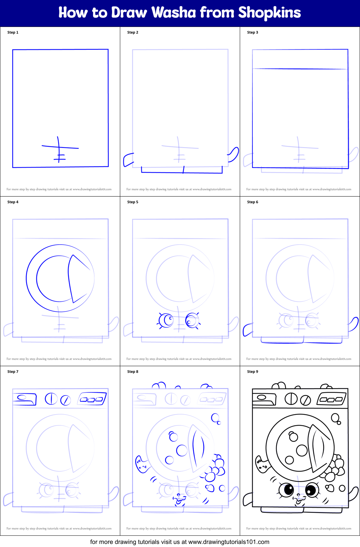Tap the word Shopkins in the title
click(x=269, y=13)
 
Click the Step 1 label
click(x=13, y=32)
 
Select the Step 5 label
click(x=133, y=202)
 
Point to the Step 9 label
click(x=253, y=372)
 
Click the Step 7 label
click(x=13, y=372)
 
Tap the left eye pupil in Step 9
click(x=289, y=490)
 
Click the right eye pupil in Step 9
click(x=311, y=490)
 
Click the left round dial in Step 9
click(x=291, y=398)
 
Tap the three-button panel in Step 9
click(x=331, y=399)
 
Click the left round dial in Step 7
click(x=51, y=398)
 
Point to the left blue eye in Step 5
click(x=167, y=321)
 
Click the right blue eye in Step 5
click(x=192, y=321)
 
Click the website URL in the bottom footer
click(x=229, y=542)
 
